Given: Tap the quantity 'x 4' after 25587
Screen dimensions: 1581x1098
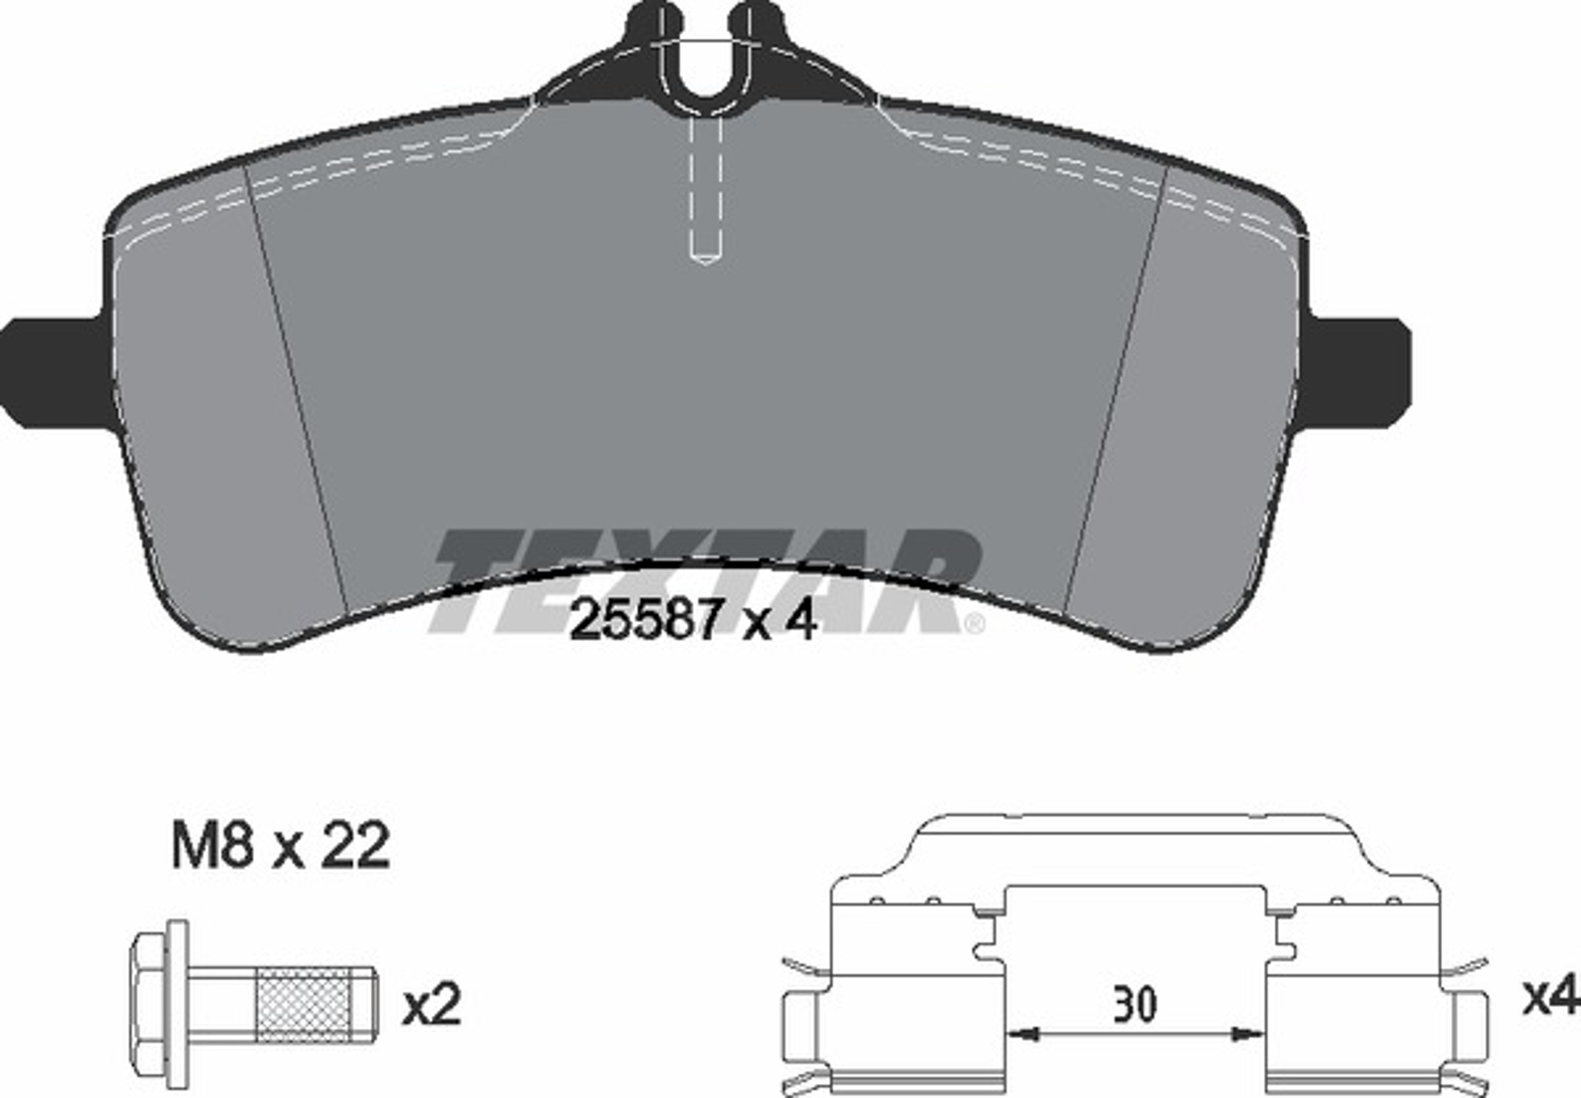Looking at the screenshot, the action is point(779,619).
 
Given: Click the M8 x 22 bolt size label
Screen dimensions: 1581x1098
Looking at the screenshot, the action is point(281,846).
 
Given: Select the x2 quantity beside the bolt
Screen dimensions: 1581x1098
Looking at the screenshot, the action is point(431,1006).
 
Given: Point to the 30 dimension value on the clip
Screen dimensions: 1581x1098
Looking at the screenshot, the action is point(1135,1005).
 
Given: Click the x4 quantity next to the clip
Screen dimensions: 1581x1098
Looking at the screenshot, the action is point(1551,997).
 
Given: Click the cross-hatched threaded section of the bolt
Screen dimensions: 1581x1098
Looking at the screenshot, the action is point(304,1005).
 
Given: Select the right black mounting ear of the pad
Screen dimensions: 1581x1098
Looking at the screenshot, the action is point(1352,373).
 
